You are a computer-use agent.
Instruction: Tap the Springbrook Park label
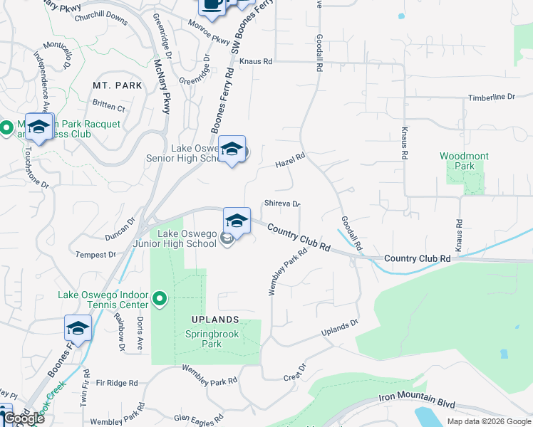pyautogui.click(x=212, y=339)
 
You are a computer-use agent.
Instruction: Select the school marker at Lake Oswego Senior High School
pyautogui.click(x=232, y=150)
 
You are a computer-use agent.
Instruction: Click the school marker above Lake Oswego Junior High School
pyautogui.click(x=237, y=221)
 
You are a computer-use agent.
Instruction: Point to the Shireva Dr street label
pyautogui.click(x=282, y=204)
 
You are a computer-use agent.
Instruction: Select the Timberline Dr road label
pyautogui.click(x=491, y=97)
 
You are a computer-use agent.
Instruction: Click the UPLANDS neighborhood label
pyautogui.click(x=209, y=320)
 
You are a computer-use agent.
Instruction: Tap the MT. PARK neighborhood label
pyautogui.click(x=118, y=85)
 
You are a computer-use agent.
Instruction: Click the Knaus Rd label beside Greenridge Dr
pyautogui.click(x=256, y=62)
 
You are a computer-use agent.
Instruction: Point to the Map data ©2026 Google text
pyautogui.click(x=488, y=421)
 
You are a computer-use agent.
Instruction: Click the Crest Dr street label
pyautogui.click(x=294, y=372)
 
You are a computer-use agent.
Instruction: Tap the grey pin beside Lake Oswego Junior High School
pyautogui.click(x=227, y=238)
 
